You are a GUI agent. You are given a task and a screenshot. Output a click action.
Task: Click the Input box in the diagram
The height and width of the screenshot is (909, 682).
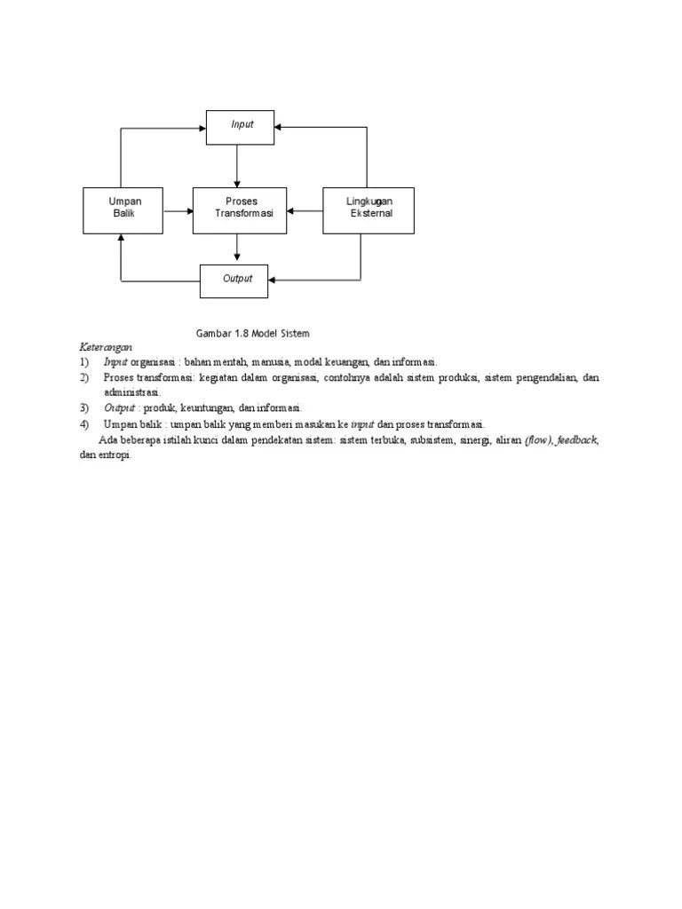240,127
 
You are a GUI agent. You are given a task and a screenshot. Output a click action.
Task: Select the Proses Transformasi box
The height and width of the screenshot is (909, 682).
240,210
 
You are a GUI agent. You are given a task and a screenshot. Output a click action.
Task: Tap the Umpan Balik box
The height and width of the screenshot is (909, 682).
123,210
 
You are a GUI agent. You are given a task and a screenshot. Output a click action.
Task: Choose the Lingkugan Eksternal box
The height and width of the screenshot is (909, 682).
368,210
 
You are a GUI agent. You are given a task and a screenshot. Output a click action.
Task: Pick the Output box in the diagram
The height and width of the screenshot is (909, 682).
234,281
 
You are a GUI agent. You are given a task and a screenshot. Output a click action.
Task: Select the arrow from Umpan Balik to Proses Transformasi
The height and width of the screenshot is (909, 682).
178,211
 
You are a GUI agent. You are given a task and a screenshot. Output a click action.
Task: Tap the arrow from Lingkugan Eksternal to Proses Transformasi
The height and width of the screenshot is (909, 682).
305,211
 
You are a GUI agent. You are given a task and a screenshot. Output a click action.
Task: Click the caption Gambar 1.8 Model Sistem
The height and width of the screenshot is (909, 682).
253,333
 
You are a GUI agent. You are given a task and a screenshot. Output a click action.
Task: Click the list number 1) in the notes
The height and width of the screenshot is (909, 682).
83,362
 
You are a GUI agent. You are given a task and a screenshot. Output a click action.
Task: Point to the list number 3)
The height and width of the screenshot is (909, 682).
83,408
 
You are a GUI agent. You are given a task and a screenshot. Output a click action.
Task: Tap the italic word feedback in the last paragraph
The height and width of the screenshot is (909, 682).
576,439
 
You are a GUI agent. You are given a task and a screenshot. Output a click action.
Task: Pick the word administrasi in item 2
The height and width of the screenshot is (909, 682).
131,392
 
